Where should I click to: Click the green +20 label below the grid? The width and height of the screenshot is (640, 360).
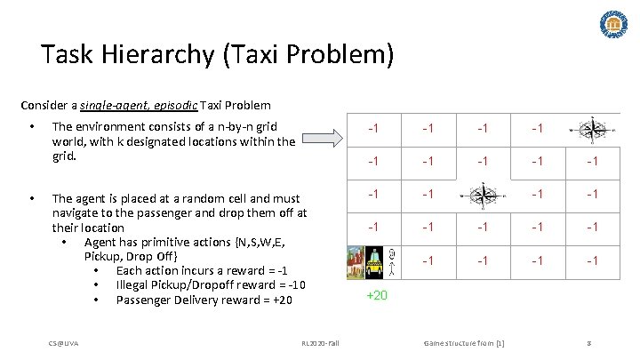coord(377,295)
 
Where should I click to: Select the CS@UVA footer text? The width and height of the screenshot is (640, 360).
coord(64,342)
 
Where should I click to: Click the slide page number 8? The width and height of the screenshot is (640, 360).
coord(589,342)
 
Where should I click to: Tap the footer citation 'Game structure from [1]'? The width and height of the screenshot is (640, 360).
coord(463,342)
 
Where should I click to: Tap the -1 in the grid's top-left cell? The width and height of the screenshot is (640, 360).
coord(377,130)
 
